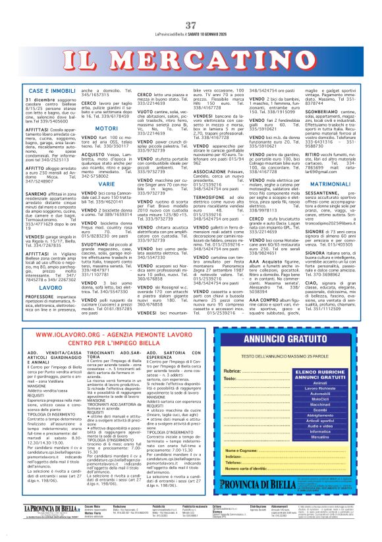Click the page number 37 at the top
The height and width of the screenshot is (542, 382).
(x=191, y=25)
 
